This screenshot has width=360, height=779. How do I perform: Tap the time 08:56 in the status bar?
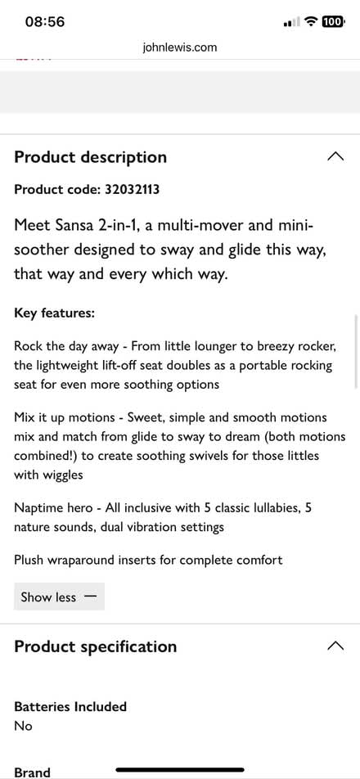[x=45, y=22]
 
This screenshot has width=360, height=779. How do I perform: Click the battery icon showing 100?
[x=332, y=22]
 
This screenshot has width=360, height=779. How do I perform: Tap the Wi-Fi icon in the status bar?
[x=310, y=22]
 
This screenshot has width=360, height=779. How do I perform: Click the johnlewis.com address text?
[x=179, y=47]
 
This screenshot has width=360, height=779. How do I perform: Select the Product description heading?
[x=90, y=157]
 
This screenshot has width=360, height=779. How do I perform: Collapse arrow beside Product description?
[x=335, y=156]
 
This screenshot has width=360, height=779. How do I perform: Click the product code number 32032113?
[x=132, y=190]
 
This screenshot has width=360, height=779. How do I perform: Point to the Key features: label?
[x=54, y=313]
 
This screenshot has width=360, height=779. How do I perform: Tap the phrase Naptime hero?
[x=50, y=508]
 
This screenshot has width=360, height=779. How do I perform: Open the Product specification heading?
[x=95, y=646]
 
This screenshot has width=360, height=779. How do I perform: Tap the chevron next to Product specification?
[x=335, y=646]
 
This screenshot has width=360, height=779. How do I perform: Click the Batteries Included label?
[x=70, y=706]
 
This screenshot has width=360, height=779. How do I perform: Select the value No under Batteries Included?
[x=23, y=725]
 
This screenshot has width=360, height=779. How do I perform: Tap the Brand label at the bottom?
[x=32, y=772]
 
